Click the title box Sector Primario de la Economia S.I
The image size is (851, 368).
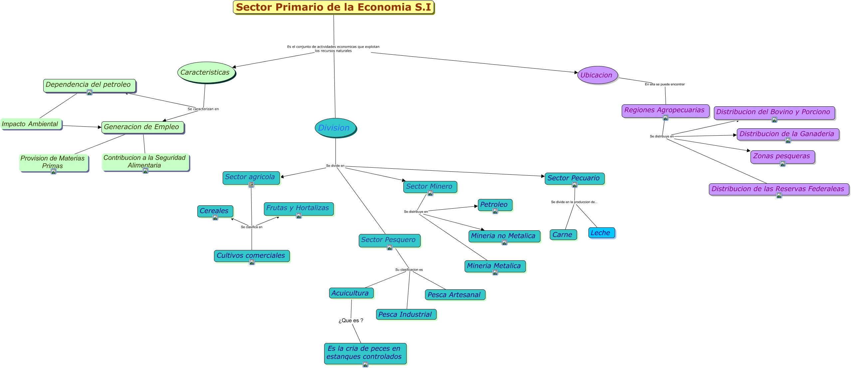pos(333,7)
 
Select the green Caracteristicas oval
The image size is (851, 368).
pos(206,72)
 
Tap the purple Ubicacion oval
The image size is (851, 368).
pos(597,75)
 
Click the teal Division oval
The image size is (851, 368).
pos(335,128)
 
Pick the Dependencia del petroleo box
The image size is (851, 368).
pos(89,85)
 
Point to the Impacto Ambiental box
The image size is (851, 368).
pos(31,124)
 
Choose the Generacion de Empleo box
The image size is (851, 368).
pos(142,127)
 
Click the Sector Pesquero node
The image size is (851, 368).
pos(389,240)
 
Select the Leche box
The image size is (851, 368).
pos(601,233)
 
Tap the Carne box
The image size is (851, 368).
pos(562,235)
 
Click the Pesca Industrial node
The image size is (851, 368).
pos(405,314)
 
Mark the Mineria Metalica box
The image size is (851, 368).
pos(494,266)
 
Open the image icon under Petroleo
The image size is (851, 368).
pos(495,211)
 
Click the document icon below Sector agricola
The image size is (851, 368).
pos(251,185)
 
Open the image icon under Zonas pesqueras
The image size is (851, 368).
pos(783,164)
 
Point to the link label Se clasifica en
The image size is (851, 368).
pos(252,227)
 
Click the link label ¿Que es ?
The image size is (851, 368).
pos(351,321)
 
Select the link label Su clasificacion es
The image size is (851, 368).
pos(409,270)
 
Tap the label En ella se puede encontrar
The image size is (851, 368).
pos(665,84)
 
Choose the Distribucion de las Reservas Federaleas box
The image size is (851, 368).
pos(778,189)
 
